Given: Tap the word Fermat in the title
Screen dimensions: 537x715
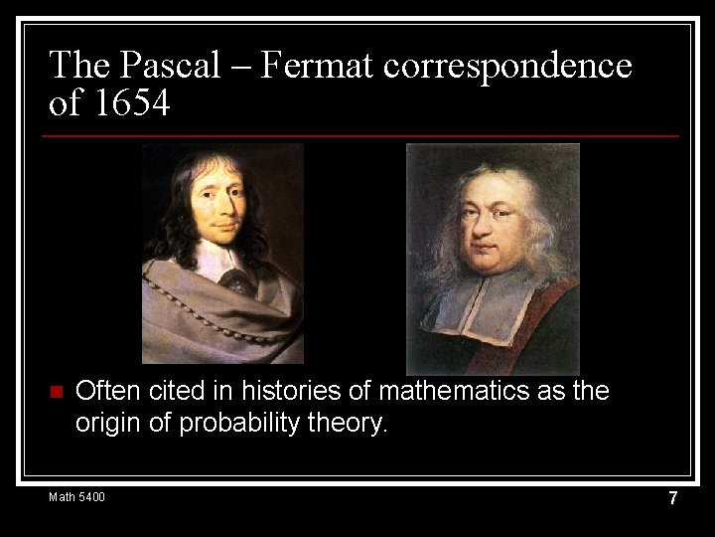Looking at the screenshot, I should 322,66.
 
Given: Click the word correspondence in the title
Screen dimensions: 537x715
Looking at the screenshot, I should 507,66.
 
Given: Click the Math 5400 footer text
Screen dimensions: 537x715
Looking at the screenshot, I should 76,497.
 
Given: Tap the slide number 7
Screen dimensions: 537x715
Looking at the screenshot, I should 672,498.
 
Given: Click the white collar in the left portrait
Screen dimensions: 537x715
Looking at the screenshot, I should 220,261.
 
